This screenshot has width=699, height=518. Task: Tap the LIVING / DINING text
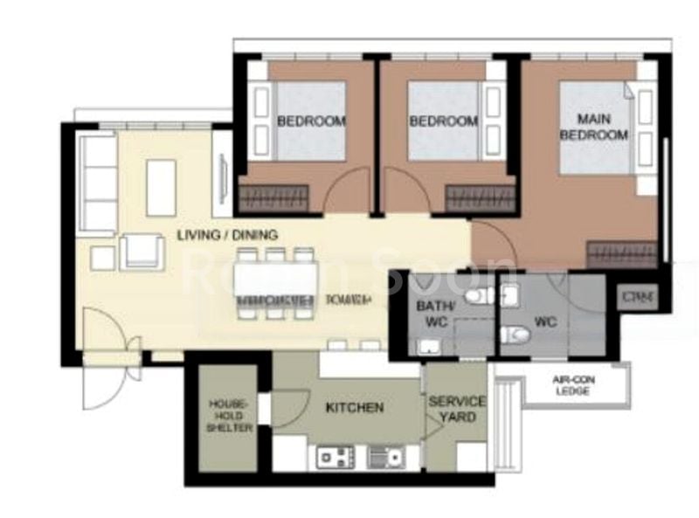point(227,235)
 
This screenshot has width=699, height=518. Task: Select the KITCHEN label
point(355,408)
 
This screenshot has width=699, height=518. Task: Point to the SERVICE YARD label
point(456,409)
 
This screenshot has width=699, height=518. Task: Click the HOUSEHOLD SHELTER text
point(231,416)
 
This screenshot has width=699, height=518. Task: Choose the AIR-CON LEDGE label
point(572,386)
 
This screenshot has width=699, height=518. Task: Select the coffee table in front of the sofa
point(161,187)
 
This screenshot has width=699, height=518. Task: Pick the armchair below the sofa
point(142,252)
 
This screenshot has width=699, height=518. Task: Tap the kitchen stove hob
point(333,456)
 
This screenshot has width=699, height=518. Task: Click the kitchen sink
point(384,456)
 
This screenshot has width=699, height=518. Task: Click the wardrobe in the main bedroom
point(621,254)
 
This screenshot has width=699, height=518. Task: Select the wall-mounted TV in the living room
point(220,178)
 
